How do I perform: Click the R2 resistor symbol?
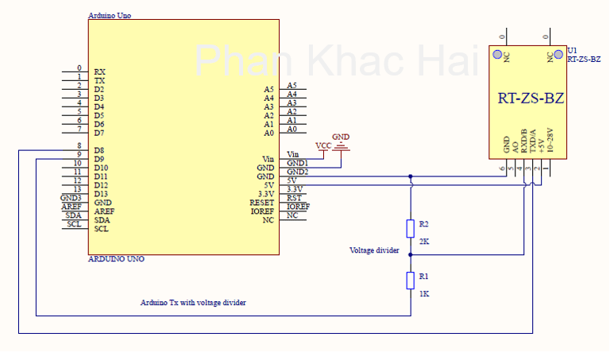(x=410, y=228)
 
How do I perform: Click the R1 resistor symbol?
(x=410, y=280)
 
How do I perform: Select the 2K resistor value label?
(x=423, y=241)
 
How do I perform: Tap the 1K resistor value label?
(x=423, y=293)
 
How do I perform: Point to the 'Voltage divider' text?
(x=374, y=250)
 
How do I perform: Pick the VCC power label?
(x=323, y=145)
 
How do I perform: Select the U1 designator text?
(x=571, y=50)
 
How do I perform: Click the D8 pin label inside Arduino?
(x=100, y=150)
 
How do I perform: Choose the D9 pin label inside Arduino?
(x=100, y=159)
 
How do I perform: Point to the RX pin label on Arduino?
(x=99, y=72)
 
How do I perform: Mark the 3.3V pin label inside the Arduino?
(x=265, y=194)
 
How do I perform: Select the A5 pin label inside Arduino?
(x=268, y=89)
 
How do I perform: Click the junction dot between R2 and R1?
(x=410, y=255)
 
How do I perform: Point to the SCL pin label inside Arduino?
(x=101, y=229)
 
